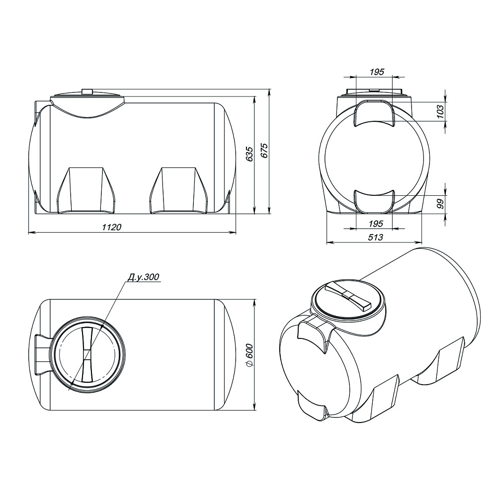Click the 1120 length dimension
tap(111, 227)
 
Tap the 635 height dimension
tap(250, 154)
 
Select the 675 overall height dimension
tap(264, 151)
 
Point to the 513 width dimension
tap(376, 237)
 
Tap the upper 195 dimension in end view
tap(377, 72)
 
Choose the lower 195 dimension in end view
tap(376, 224)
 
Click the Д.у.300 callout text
tap(143, 277)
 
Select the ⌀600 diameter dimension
tap(249, 355)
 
